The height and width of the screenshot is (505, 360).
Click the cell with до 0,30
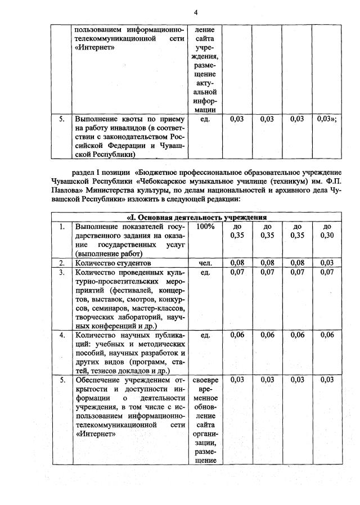326,231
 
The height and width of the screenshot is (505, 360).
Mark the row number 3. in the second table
62,272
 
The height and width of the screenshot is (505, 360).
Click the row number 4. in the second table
62,335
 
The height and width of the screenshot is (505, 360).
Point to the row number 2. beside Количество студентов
62,263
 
